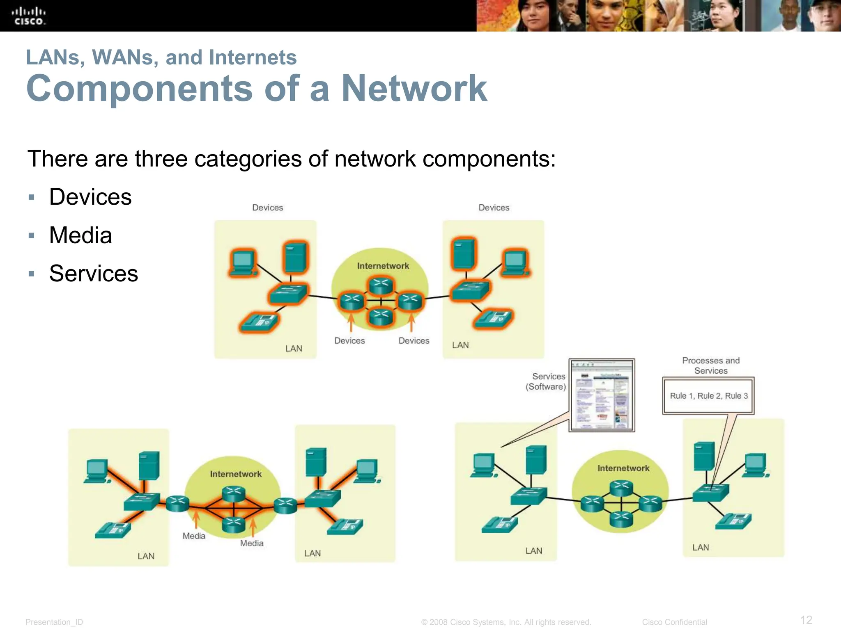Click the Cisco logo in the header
[29, 16]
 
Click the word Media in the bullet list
[80, 235]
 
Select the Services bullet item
[94, 274]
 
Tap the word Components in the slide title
[139, 89]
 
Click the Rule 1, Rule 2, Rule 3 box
[708, 396]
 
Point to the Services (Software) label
[546, 381]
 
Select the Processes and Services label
[711, 365]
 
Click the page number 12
[806, 620]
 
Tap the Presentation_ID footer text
[54, 622]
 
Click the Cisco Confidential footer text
[674, 622]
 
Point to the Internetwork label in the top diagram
[383, 266]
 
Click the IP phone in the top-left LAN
[259, 322]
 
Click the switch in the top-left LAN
[288, 293]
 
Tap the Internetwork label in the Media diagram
[236, 474]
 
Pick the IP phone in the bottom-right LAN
[734, 521]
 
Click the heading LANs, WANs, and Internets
[161, 57]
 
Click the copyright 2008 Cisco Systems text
[506, 622]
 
